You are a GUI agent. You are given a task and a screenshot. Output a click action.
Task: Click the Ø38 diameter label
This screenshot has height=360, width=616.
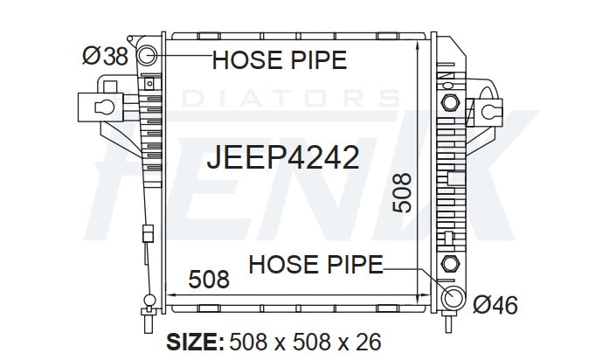coord(105,56)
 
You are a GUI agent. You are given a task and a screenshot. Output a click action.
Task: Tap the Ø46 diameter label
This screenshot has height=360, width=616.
coord(495,305)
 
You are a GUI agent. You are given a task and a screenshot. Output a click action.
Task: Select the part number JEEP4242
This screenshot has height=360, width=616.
coord(283,157)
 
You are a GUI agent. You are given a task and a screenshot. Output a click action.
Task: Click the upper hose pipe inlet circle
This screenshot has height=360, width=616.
coord(148,55)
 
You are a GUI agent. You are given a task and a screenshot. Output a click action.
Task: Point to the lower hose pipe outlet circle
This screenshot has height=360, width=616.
coord(453,297)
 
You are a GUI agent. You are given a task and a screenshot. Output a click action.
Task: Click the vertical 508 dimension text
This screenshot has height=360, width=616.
coord(402,193)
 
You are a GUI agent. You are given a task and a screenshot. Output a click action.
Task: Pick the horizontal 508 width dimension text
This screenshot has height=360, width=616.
coord(209,279)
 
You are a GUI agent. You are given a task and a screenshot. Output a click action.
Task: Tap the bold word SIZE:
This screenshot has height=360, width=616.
coord(195,342)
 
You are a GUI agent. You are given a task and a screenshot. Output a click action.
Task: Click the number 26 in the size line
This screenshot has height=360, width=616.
coord(369,342)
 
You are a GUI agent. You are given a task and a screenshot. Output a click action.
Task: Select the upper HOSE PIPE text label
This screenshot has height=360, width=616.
coord(280,60)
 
